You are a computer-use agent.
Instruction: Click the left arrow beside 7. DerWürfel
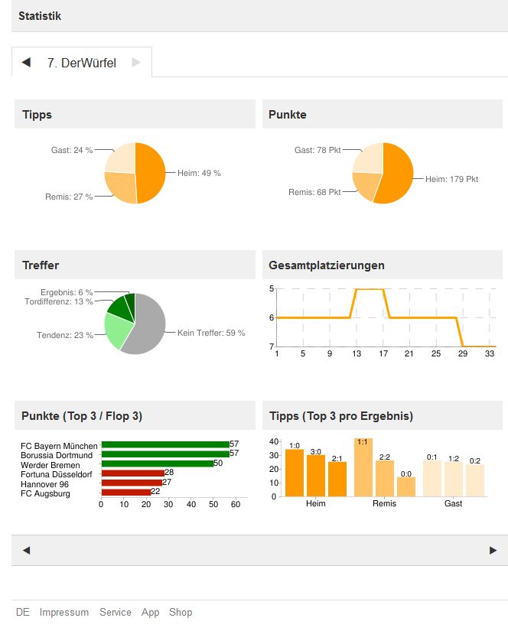(x=26, y=63)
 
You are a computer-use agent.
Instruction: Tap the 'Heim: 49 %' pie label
(x=199, y=174)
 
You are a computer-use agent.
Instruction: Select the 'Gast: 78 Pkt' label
(x=317, y=151)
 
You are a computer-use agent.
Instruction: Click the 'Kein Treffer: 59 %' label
(x=211, y=333)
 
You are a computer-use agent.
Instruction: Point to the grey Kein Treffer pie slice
(x=150, y=329)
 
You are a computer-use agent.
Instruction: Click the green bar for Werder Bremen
(x=158, y=463)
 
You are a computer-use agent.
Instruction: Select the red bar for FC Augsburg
(x=126, y=492)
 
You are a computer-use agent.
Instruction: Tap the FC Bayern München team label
(x=60, y=446)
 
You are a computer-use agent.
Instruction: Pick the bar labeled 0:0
(x=405, y=487)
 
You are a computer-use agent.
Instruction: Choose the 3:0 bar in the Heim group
(x=316, y=476)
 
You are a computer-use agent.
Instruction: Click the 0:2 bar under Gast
(x=475, y=480)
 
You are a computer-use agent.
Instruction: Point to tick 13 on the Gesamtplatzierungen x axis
(x=357, y=353)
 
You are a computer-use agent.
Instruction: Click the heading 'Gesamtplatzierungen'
(x=327, y=265)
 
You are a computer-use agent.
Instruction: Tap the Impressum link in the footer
(x=64, y=613)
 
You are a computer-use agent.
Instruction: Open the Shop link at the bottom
(x=181, y=613)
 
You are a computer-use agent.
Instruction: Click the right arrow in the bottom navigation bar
(x=493, y=550)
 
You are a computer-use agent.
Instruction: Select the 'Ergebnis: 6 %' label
(x=67, y=292)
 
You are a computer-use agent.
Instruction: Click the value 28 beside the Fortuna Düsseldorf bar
(x=169, y=473)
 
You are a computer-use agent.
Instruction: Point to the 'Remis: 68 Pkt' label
(x=314, y=192)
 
